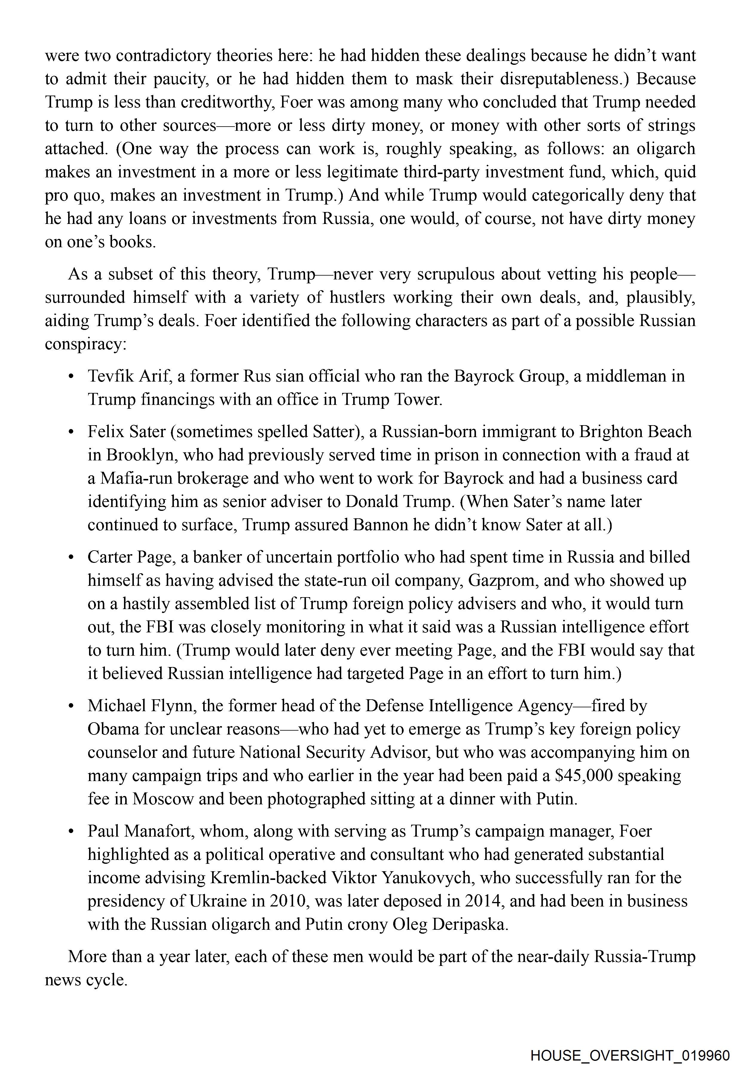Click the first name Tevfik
click(x=109, y=376)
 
